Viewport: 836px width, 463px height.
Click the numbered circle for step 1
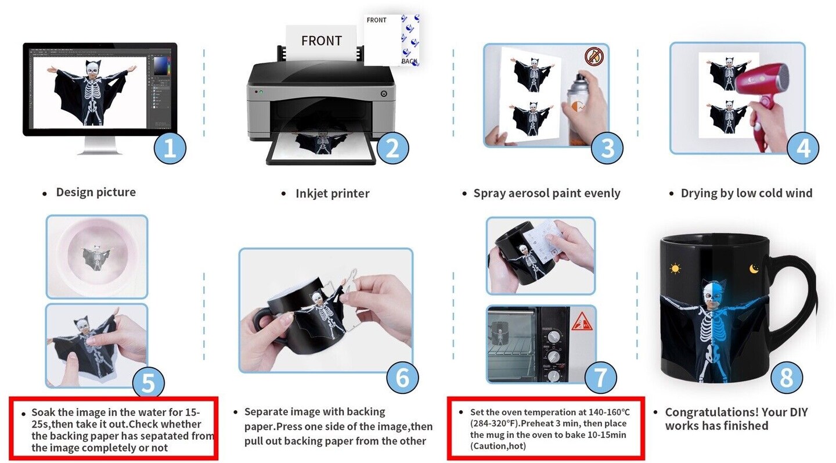tap(170, 148)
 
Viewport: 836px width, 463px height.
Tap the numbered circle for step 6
tap(402, 377)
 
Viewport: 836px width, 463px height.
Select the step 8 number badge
tap(787, 377)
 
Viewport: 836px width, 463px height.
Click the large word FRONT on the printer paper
tap(322, 41)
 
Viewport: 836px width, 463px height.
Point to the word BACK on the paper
tap(409, 61)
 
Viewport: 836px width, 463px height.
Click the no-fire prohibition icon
tap(594, 56)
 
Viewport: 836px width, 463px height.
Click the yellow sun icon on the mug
tap(675, 268)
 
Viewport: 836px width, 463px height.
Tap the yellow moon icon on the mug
tap(754, 268)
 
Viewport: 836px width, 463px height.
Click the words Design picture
tap(96, 192)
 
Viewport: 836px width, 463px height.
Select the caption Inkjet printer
tap(333, 193)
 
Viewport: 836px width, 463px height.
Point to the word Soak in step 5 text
tap(44, 412)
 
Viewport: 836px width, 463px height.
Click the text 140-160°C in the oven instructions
tap(609, 412)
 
